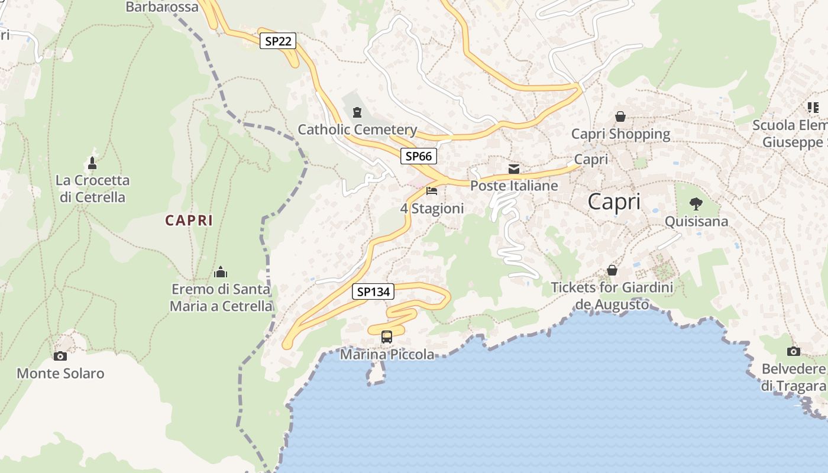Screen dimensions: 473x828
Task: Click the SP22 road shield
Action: (277, 41)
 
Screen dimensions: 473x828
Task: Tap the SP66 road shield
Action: (418, 156)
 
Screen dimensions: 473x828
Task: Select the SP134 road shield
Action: (373, 291)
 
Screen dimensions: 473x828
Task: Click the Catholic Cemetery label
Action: (357, 129)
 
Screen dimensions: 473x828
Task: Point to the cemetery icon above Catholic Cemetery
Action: (357, 112)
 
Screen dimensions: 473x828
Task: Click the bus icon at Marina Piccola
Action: (386, 337)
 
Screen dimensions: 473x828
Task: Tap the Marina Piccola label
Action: (387, 355)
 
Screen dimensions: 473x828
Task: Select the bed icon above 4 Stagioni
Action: (432, 191)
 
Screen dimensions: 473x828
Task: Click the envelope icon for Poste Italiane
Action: (514, 169)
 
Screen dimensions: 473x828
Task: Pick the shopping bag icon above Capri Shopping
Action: (620, 116)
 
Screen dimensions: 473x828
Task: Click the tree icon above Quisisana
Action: (696, 204)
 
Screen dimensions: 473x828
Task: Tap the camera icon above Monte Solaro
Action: (60, 356)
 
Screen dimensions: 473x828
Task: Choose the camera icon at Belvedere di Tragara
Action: (794, 352)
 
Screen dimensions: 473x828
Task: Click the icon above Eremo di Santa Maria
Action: (221, 272)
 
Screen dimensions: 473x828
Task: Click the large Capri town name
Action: (614, 202)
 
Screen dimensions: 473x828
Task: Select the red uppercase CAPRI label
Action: (189, 221)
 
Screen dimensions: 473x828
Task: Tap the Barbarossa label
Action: (162, 7)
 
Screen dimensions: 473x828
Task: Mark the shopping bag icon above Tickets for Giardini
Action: (612, 270)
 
